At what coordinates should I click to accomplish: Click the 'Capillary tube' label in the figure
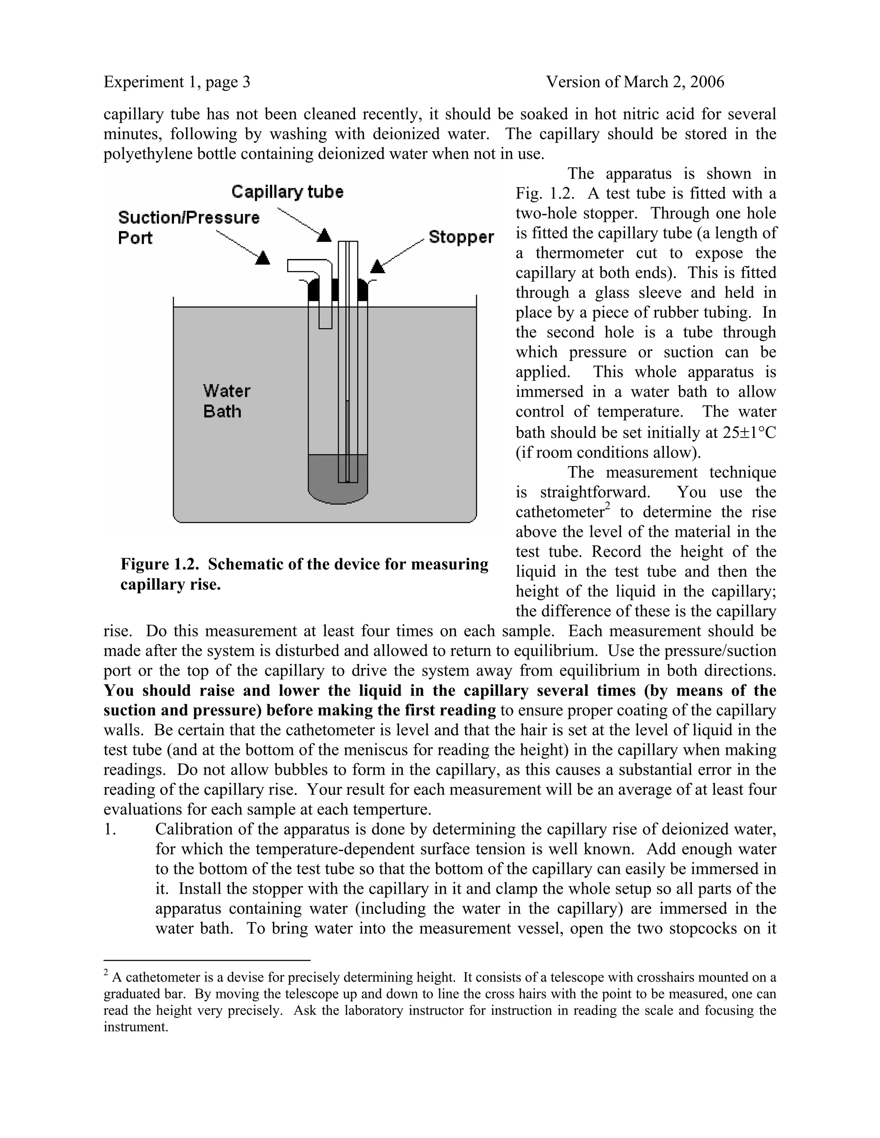(287, 192)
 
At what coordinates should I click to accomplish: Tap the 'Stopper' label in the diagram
(461, 237)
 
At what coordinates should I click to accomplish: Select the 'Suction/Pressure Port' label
(188, 227)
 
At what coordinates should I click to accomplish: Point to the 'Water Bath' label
(226, 401)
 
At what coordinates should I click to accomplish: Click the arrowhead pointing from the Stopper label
(377, 267)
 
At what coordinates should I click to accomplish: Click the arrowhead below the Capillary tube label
(324, 235)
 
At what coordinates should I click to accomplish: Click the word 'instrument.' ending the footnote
(135, 1028)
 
